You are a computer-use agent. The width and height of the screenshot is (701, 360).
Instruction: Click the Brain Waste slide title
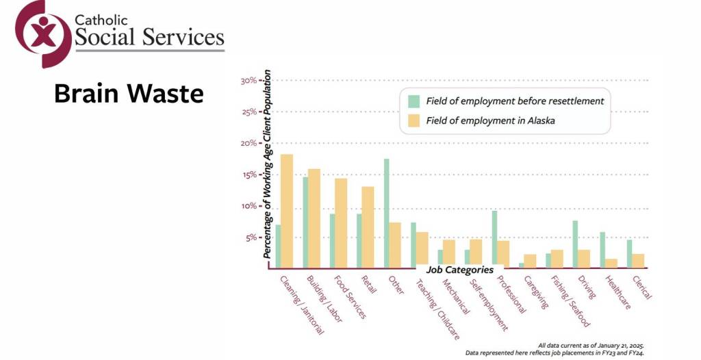129,94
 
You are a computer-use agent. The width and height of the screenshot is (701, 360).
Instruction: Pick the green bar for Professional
494,239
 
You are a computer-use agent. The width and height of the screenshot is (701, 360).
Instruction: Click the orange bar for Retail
368,227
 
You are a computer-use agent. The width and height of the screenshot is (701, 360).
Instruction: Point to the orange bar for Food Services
341,222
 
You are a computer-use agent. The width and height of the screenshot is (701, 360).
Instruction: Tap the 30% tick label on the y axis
248,81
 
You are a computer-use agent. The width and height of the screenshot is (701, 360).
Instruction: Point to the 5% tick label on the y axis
251,238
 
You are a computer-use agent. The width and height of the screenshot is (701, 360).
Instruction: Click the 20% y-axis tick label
248,144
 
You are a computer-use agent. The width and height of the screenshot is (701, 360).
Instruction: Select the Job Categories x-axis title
460,270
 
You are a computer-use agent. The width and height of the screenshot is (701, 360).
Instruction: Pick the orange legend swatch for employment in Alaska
413,120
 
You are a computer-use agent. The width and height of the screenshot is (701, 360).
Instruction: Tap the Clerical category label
641,289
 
